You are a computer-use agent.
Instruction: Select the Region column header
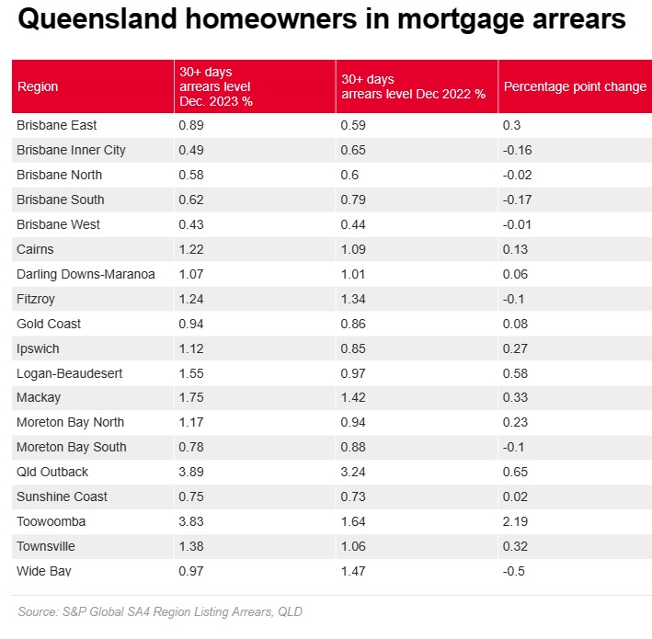point(38,86)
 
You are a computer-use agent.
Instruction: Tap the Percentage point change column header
point(575,86)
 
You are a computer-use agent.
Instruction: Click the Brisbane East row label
point(56,125)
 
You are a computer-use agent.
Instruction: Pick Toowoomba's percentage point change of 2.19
point(516,521)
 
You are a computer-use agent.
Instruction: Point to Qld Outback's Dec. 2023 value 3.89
point(189,472)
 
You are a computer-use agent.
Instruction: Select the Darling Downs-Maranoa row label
point(86,274)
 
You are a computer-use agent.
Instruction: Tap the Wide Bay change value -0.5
point(514,571)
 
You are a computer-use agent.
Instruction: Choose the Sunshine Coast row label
point(62,496)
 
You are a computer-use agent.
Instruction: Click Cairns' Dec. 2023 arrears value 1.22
point(189,249)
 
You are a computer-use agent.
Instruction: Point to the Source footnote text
point(160,611)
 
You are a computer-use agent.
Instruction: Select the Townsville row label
point(46,546)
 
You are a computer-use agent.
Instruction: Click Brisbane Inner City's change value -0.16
point(518,150)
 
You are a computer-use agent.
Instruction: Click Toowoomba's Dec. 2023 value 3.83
point(189,521)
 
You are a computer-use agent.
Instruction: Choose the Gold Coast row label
point(49,324)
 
